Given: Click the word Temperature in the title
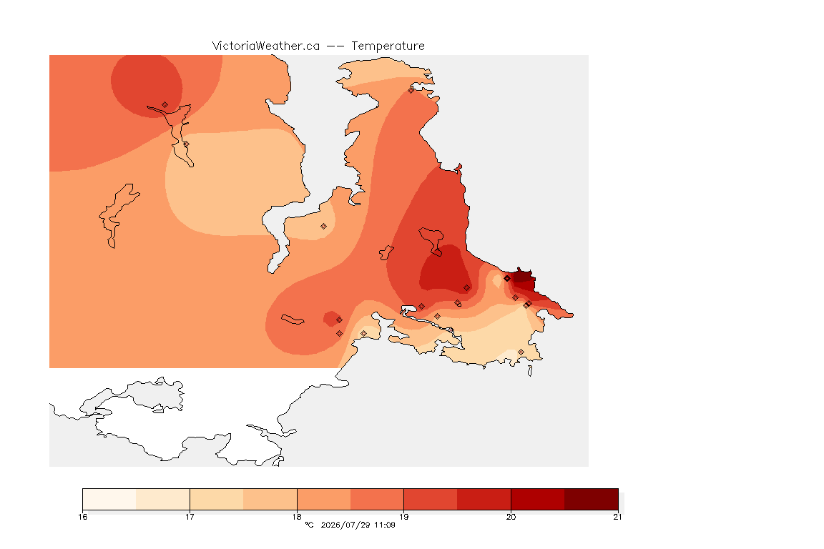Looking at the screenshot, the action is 388,46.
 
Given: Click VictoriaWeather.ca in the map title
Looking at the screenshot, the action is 266,46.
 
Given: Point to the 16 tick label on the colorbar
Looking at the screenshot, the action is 82,517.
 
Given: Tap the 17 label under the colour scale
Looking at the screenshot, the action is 190,517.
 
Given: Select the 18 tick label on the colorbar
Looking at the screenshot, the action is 297,517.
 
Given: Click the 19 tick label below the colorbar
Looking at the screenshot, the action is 403,517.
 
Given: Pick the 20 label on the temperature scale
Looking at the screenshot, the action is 511,517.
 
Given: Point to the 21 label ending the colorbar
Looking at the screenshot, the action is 617,517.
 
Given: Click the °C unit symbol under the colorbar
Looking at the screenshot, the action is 309,525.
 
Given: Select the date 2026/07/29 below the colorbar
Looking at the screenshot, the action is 345,525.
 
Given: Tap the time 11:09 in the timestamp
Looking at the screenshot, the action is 385,525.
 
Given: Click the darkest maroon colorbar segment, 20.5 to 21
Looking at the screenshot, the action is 592,499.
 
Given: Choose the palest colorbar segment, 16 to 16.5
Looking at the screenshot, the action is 109,499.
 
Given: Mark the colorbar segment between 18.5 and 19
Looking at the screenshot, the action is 377,499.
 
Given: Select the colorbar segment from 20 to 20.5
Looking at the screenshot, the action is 538,499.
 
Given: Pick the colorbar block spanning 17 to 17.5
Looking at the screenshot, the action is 217,499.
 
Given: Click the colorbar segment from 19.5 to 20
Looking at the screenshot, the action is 484,499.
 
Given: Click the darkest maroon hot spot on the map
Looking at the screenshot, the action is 524,275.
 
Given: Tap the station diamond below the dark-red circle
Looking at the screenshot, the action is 165,105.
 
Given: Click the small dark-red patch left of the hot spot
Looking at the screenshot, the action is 332,319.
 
